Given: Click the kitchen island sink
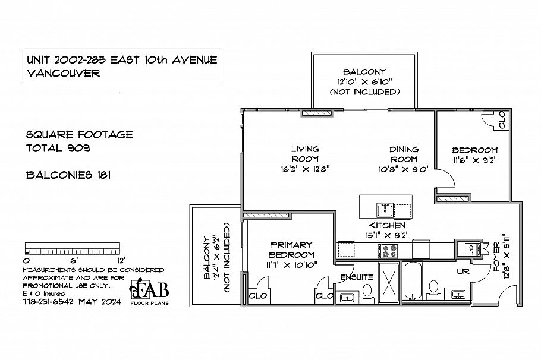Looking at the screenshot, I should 383,210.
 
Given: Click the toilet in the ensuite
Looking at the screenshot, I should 367,290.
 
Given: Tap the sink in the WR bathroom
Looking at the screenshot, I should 458,293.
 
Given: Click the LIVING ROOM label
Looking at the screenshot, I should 305,154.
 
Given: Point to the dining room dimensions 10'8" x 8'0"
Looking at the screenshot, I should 404,169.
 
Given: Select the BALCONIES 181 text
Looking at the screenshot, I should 67,175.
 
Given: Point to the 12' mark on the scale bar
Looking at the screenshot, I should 120,260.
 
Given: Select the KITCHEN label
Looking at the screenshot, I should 387,225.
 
